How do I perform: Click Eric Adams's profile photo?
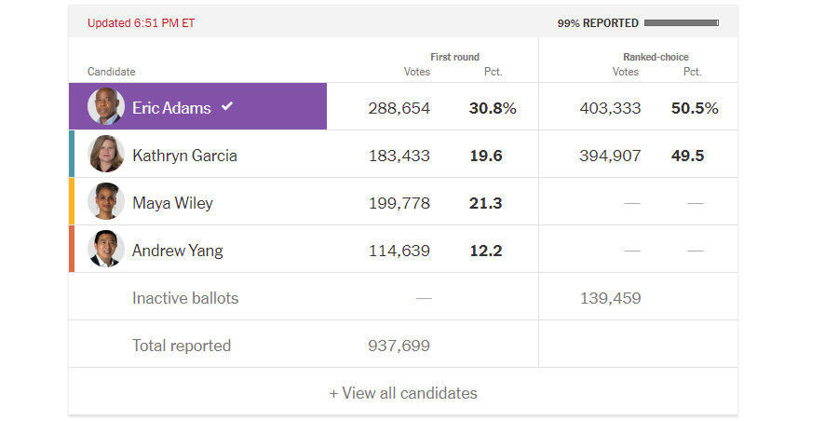105,107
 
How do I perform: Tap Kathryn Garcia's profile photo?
105,155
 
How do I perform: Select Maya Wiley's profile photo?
105,202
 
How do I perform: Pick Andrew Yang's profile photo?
105,250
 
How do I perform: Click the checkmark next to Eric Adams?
226,106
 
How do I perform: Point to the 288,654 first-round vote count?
399,108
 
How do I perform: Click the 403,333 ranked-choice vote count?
610,108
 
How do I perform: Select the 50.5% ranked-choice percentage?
695,108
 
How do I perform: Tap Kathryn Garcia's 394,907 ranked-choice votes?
610,156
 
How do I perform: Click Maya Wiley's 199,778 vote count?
399,203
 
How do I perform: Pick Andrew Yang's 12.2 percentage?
485,251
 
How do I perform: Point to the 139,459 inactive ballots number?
610,298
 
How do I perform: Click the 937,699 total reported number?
399,346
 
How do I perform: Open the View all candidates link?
403,393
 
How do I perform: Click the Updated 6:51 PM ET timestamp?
142,23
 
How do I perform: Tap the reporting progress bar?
681,22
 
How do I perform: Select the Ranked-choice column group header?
656,57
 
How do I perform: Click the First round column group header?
454,57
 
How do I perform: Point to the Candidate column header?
112,72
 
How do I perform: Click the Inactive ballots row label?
185,298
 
